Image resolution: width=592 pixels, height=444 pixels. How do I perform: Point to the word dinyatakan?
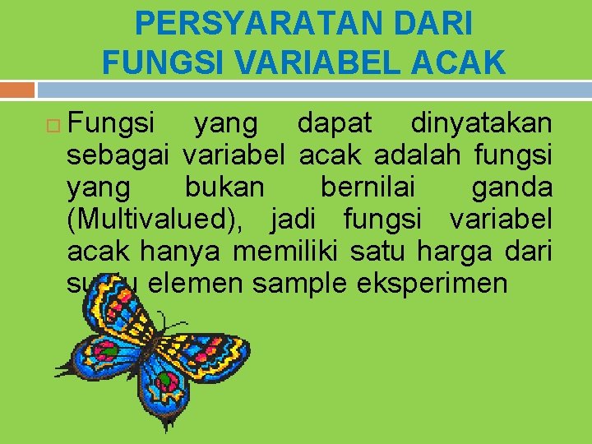coord(481,124)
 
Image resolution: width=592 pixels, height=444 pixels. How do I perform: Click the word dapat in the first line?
coord(334,124)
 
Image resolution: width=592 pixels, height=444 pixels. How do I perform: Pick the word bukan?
coord(224,187)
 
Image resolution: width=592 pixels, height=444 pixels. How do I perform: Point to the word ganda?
coord(511,187)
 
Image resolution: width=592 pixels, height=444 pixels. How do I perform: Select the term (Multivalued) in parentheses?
coord(161,220)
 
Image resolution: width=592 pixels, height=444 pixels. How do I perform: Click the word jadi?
coord(302,220)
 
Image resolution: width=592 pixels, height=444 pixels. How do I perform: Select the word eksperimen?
coord(433,283)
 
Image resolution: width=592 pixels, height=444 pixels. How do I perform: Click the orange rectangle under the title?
coord(17,89)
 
